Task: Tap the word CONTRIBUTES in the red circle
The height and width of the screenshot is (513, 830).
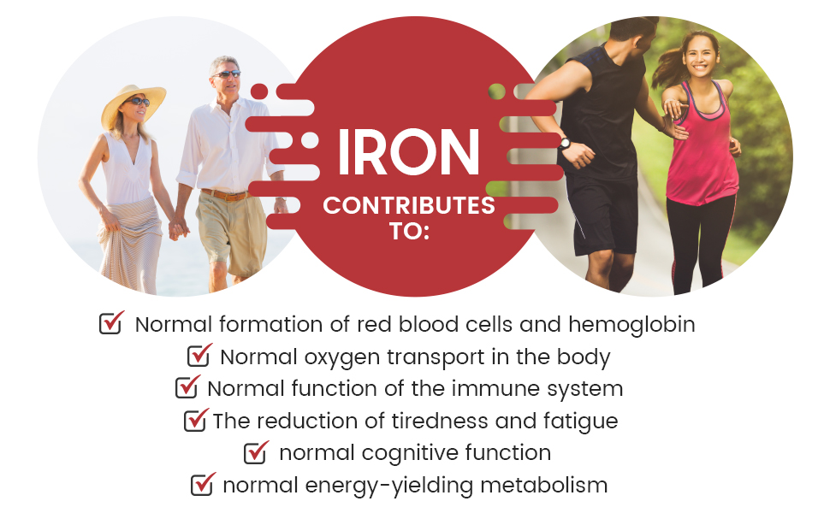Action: click(408, 206)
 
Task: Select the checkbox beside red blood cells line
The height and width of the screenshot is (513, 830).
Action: click(111, 324)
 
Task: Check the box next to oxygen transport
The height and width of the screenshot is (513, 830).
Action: click(199, 355)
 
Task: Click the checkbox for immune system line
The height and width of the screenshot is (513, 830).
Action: click(187, 387)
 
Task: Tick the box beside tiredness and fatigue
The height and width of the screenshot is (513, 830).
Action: click(196, 420)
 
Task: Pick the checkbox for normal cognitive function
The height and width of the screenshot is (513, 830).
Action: click(255, 452)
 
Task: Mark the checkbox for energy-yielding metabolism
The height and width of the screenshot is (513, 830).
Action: click(202, 485)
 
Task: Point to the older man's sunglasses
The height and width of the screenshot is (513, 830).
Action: click(226, 74)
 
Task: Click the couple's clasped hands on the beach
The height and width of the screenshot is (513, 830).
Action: click(179, 228)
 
